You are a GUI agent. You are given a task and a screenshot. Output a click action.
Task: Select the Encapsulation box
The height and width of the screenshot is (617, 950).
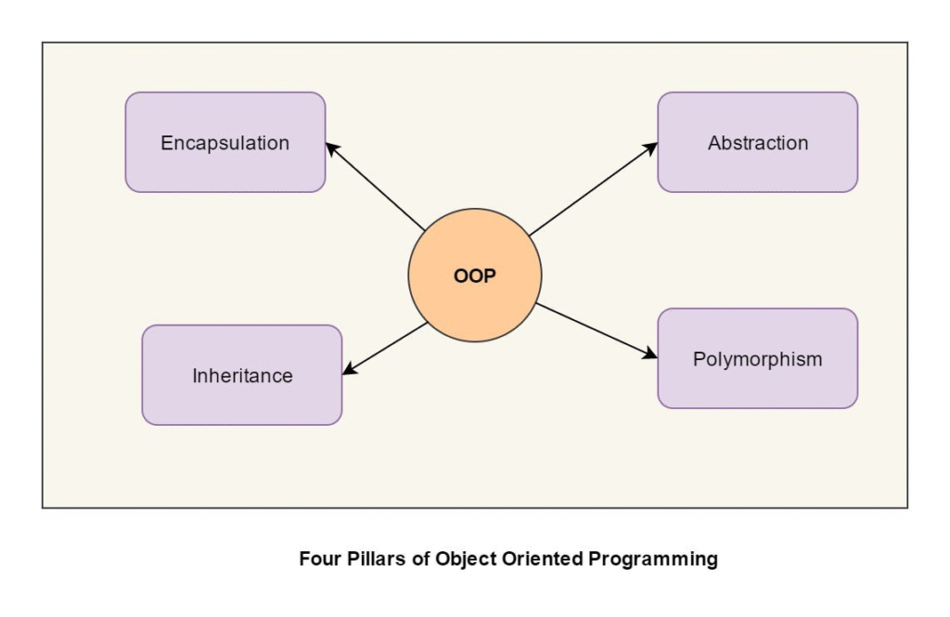[x=225, y=142]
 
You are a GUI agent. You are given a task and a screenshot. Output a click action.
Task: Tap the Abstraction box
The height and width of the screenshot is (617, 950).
[x=757, y=142]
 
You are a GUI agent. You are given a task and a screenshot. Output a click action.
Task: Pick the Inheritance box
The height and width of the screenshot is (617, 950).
[x=242, y=375]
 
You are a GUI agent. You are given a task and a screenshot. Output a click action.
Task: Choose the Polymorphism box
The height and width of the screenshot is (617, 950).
[x=757, y=358]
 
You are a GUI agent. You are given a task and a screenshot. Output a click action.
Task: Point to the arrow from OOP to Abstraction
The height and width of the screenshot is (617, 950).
[x=592, y=189]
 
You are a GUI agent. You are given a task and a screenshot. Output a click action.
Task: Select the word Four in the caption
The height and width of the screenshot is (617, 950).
[x=316, y=559]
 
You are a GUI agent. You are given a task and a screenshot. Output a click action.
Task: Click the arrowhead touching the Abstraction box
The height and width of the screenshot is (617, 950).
[x=651, y=148]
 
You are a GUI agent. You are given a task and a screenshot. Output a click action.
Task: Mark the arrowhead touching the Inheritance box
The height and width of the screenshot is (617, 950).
[x=349, y=370]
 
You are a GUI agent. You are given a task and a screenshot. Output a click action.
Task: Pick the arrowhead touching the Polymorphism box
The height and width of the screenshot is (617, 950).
[x=650, y=353]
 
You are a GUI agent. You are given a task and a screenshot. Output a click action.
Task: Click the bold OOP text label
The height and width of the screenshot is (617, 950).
[x=474, y=276]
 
